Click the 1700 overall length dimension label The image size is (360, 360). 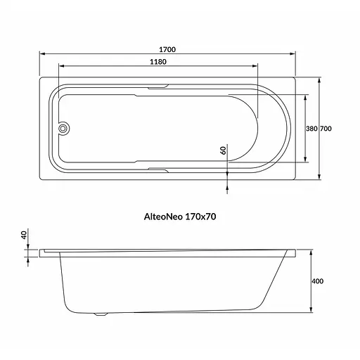coord(167,50)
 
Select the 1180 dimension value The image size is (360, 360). coord(158,62)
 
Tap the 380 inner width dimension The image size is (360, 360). coord(311,129)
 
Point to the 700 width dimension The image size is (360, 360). coord(326,129)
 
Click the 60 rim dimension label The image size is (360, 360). coord(224,150)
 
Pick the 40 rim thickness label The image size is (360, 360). coord(24,235)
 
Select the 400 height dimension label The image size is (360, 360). coord(318,281)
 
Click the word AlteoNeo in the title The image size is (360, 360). coord(163,217)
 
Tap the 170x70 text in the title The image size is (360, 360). coord(200,217)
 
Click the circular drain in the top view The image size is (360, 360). coord(63,129)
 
